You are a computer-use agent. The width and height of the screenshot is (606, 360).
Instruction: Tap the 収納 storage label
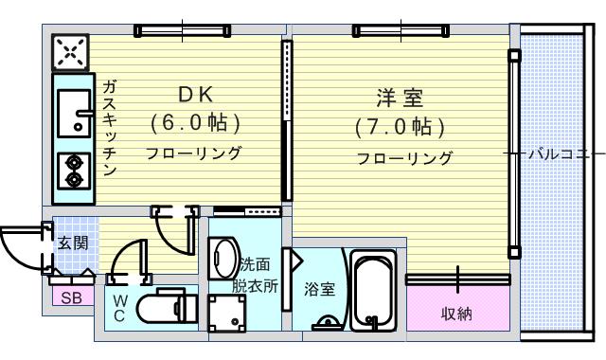point(456,313)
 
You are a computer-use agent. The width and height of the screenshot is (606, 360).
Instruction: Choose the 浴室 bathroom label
point(318,290)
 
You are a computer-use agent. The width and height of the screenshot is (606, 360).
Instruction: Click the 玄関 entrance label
point(72,243)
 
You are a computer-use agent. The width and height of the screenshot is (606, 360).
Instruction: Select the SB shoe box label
point(70,298)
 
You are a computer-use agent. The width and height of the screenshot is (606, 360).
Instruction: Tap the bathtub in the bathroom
point(374,291)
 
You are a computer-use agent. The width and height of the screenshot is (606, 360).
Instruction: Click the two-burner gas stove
point(72,171)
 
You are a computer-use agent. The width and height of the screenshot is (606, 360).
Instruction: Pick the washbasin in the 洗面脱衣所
point(223,258)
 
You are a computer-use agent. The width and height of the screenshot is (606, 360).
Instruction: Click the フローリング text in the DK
point(193,153)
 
